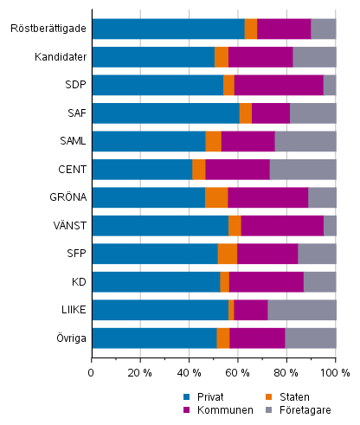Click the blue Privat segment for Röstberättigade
click(x=168, y=29)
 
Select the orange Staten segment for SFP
click(x=227, y=254)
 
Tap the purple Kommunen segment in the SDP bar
click(x=279, y=85)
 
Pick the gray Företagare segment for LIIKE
click(x=301, y=310)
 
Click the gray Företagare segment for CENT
click(x=302, y=170)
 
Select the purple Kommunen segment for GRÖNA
click(x=267, y=197)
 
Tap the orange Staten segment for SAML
click(x=213, y=141)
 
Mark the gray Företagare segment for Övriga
click(x=310, y=338)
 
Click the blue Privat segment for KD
click(x=156, y=282)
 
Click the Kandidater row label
click(x=59, y=57)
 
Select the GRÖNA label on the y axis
click(x=67, y=197)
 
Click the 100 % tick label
click(x=335, y=373)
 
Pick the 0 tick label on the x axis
click(x=92, y=373)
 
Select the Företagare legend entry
click(x=299, y=409)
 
